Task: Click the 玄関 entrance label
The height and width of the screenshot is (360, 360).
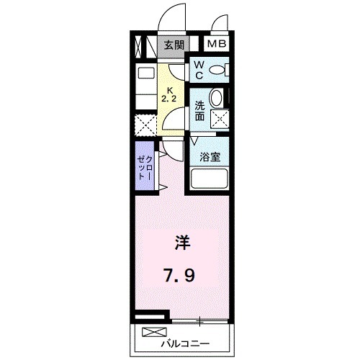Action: (174, 45)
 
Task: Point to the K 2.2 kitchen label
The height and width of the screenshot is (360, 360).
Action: (171, 94)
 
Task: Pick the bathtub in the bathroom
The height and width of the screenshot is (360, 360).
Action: (210, 179)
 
